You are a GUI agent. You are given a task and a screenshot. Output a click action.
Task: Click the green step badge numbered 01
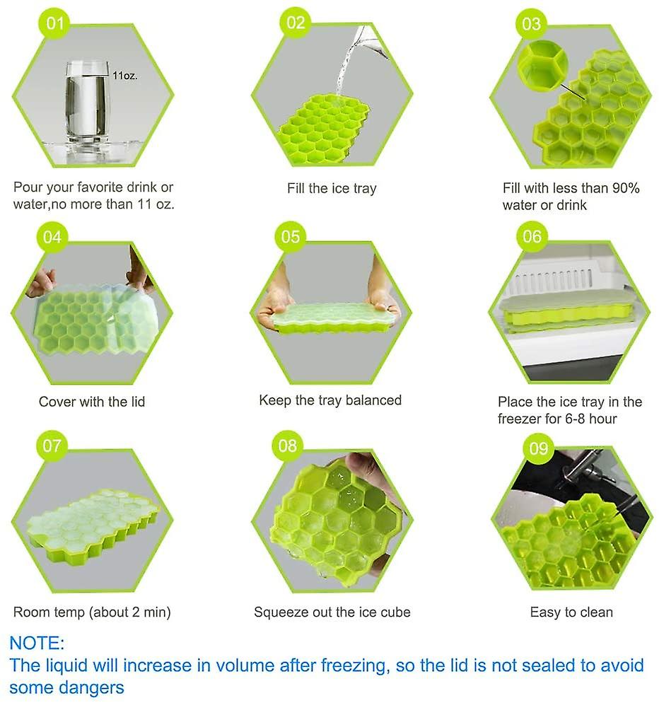click(x=54, y=23)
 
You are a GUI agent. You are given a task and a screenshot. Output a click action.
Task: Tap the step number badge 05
click(x=290, y=236)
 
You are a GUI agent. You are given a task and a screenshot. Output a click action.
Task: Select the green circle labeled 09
click(x=538, y=448)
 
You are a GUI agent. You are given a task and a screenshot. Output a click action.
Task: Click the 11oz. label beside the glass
click(x=124, y=75)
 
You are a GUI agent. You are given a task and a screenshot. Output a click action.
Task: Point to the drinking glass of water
click(x=87, y=103)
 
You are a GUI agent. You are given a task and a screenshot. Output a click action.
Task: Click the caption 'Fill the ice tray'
click(x=332, y=188)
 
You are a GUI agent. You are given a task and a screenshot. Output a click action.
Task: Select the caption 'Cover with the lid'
click(x=92, y=402)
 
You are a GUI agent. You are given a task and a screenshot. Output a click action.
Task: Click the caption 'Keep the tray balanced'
click(x=330, y=400)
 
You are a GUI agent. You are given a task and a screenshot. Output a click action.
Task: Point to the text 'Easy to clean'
click(x=571, y=612)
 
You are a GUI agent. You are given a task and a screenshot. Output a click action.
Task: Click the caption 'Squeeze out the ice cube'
click(x=332, y=612)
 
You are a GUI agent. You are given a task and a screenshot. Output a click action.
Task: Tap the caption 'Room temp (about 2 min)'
click(x=92, y=612)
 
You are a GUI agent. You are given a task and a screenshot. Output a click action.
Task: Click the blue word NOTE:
click(x=37, y=643)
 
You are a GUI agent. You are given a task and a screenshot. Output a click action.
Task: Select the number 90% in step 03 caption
click(x=626, y=188)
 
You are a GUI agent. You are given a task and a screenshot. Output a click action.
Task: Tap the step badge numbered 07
click(x=52, y=446)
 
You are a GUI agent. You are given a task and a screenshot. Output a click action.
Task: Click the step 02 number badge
click(x=296, y=23)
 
